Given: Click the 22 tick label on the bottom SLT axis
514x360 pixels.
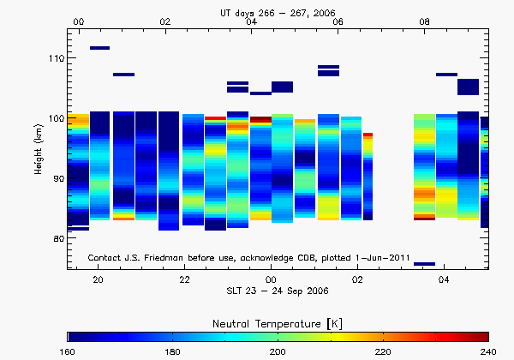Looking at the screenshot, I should point(185,280).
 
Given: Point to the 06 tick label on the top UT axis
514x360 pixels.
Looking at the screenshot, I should point(338,21).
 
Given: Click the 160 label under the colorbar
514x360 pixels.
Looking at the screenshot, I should point(68,351).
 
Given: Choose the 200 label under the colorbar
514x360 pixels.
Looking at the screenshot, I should point(278,351).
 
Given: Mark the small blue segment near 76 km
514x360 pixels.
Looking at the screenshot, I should point(424,264).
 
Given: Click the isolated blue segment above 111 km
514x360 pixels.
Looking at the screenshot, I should point(99,48).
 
